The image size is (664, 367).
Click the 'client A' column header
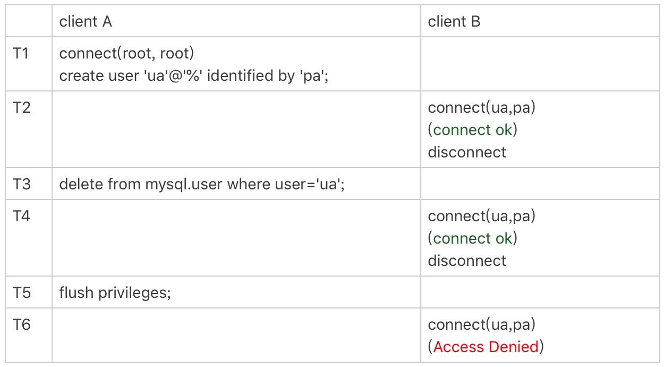point(86,21)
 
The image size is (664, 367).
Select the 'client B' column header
point(454,21)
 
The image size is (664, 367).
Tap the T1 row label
point(21,53)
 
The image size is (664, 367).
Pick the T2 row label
point(22,107)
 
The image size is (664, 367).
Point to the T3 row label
point(22,184)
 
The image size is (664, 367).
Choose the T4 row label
point(22,216)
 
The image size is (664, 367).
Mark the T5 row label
point(22,293)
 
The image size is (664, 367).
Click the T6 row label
point(22,324)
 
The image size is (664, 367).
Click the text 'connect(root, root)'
point(126,54)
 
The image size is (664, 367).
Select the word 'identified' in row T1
point(240,76)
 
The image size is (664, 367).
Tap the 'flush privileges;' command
point(115,293)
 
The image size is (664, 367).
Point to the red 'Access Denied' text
point(486,347)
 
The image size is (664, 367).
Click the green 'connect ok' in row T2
point(473,130)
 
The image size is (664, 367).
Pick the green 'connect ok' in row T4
point(473,238)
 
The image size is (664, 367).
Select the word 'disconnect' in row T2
point(467,152)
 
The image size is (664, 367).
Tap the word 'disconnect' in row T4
point(467,261)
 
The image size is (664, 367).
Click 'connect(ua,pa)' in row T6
point(482,324)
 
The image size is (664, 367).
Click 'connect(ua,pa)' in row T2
point(482,108)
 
